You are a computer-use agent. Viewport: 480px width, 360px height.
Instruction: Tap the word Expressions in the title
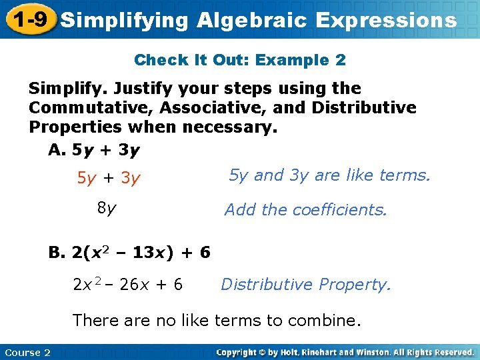(x=387, y=20)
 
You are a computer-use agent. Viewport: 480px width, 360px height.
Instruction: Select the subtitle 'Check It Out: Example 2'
(x=240, y=60)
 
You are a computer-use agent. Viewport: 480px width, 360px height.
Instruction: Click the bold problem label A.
(x=57, y=151)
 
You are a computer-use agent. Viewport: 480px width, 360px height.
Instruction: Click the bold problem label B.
(x=57, y=253)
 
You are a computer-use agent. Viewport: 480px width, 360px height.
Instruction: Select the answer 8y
(x=107, y=208)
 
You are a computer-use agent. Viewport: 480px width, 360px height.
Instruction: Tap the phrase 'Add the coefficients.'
(x=305, y=210)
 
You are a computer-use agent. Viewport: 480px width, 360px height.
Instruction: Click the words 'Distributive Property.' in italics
(x=306, y=285)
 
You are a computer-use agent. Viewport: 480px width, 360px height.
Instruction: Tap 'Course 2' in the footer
(x=27, y=352)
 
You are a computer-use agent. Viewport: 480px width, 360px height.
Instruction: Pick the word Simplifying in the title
(x=125, y=20)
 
